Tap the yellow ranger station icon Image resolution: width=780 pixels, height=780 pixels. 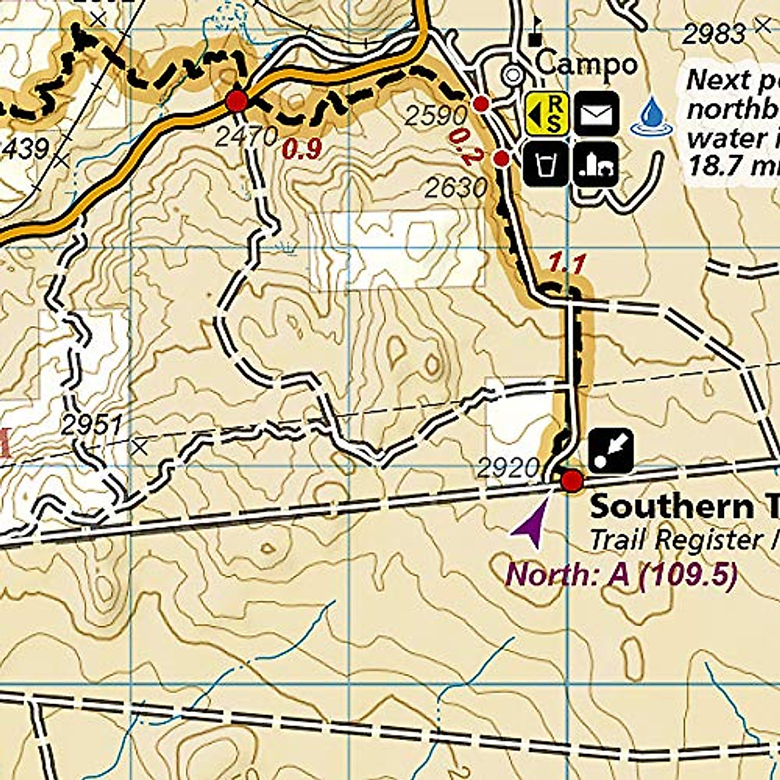pyautogui.click(x=547, y=114)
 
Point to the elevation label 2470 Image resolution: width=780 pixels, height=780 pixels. pyautogui.click(x=246, y=137)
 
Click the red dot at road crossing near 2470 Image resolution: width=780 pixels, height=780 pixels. pyautogui.click(x=237, y=101)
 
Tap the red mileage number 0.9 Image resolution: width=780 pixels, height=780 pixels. pyautogui.click(x=302, y=149)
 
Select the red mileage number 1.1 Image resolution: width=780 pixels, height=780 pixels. pyautogui.click(x=567, y=263)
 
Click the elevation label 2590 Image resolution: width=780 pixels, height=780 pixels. pyautogui.click(x=435, y=116)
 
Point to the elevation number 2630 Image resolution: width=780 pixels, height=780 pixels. pyautogui.click(x=456, y=188)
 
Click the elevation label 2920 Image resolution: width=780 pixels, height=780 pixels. pyautogui.click(x=508, y=468)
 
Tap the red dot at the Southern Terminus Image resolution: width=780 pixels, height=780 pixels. pyautogui.click(x=571, y=482)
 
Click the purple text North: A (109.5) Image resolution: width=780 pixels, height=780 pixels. pyautogui.click(x=621, y=575)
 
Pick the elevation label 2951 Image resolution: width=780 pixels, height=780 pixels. pyautogui.click(x=92, y=426)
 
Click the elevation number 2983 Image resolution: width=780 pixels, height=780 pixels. pyautogui.click(x=714, y=34)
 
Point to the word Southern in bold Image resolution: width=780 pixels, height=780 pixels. pyautogui.click(x=669, y=507)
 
